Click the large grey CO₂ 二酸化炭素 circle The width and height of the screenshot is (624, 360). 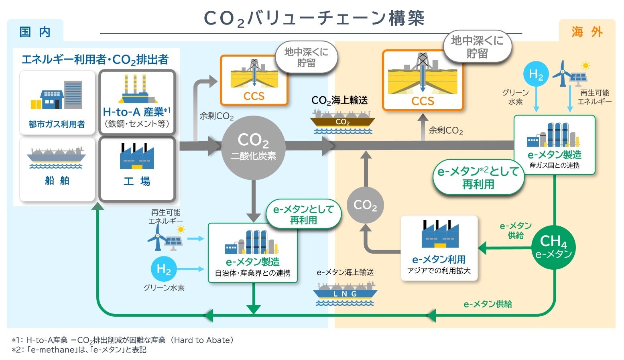(253, 147)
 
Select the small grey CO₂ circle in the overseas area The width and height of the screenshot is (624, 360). (365, 205)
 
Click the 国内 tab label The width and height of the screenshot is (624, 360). (35, 32)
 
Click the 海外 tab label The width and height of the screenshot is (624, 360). (587, 32)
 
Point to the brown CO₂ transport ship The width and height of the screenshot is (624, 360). (342, 121)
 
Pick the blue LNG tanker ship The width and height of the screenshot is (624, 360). (345, 293)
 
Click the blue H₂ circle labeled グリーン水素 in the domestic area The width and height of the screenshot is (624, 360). (164, 269)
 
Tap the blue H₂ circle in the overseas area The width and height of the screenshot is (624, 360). (536, 75)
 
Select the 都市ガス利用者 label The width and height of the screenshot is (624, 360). (57, 124)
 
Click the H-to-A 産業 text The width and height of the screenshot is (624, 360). (136, 112)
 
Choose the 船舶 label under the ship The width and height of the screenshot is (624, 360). (57, 181)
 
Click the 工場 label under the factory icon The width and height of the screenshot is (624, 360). (137, 181)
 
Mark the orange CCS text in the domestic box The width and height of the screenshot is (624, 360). (254, 96)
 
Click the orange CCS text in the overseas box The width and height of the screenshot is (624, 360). (423, 101)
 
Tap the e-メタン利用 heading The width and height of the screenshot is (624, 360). (439, 260)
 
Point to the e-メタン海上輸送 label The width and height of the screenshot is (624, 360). (345, 273)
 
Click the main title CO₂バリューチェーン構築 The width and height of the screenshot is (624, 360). (314, 18)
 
